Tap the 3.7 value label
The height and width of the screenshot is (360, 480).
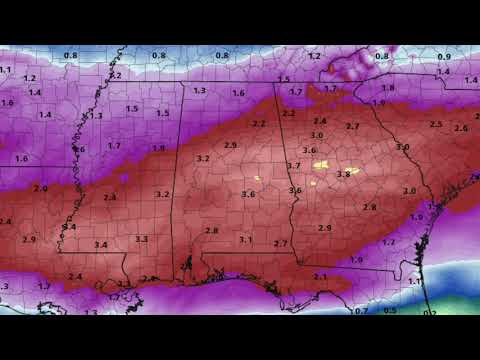294,165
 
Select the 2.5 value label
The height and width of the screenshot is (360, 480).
435,124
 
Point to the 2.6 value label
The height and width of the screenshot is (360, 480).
461,128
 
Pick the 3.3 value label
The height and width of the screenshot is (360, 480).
141,239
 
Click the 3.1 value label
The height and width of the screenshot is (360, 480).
245,240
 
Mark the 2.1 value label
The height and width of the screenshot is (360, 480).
320,276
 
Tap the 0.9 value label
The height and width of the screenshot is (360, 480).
443,57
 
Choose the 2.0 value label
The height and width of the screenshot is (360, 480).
41,188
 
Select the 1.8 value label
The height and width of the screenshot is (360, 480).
388,88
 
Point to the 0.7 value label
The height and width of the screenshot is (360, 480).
362,311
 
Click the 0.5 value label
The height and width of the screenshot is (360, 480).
390,311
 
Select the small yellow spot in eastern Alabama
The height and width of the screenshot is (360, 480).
257,179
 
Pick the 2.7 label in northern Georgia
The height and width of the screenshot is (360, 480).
352,127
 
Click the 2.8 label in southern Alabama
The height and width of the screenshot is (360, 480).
211,230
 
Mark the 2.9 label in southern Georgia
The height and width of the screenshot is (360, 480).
324,228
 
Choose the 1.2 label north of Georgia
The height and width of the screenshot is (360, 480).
315,56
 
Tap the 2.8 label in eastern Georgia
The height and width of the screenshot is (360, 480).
370,207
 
